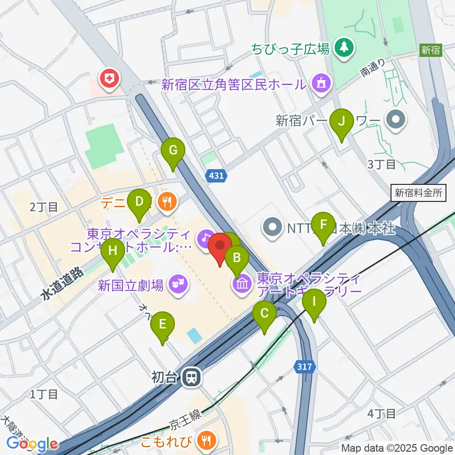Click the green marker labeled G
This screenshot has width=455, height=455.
[173, 152]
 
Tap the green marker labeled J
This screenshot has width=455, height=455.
[341, 122]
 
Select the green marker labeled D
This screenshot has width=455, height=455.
[139, 201]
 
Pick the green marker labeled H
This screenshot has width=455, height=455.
[113, 250]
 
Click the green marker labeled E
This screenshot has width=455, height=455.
[163, 325]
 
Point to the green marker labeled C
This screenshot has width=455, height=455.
[264, 314]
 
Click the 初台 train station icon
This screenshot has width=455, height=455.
[192, 377]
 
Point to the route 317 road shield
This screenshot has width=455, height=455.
[305, 366]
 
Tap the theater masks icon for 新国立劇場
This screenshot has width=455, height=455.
[179, 284]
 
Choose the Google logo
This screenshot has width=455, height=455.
[32, 443]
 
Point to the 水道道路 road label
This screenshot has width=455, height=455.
[62, 284]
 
